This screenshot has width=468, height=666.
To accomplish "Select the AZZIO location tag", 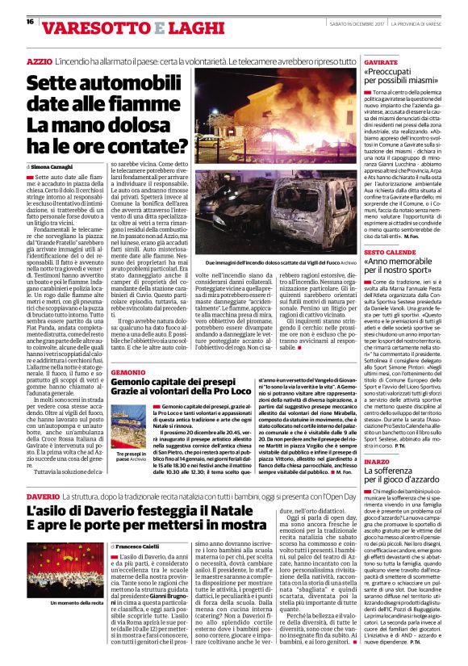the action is (x=39, y=61).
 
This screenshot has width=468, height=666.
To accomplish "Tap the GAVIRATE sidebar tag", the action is (x=382, y=61).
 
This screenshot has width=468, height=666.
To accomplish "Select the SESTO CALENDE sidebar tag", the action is (x=391, y=251).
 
